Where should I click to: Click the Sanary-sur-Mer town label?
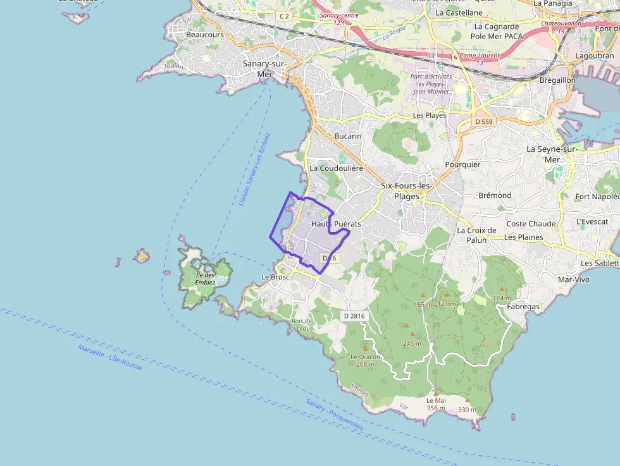[x=264, y=69]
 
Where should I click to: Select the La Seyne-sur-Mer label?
[x=552, y=154]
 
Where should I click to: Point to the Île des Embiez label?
[x=205, y=278]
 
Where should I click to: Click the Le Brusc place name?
[x=275, y=277]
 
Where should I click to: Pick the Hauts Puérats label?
[x=336, y=224]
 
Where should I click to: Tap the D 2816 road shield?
[x=354, y=316]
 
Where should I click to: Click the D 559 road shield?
[x=483, y=121]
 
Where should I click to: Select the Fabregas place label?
[x=523, y=307]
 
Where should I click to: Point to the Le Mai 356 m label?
[x=436, y=404]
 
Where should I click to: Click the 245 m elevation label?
[x=412, y=343]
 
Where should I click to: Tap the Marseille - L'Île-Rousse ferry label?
[x=110, y=358]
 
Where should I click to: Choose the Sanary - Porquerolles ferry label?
[x=335, y=415]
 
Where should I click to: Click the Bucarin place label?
[x=348, y=136]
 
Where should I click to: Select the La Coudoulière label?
[x=336, y=169]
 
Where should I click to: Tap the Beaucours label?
[x=204, y=35]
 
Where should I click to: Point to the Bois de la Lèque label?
[x=302, y=324]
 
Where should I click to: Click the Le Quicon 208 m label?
[x=366, y=360]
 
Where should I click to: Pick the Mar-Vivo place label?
[x=574, y=279]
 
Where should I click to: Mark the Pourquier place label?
[x=462, y=164]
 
